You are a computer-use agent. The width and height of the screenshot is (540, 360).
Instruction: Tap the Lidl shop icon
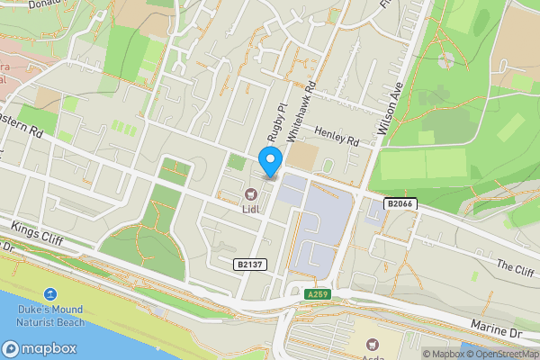pyautogui.click(x=252, y=193)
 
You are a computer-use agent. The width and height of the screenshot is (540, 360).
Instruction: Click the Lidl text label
pyautogui.click(x=252, y=209)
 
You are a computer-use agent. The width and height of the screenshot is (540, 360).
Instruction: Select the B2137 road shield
pyautogui.click(x=250, y=264)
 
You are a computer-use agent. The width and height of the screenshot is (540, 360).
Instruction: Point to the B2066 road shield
pyautogui.click(x=401, y=204)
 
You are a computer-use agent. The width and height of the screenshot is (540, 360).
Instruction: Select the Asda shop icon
pyautogui.click(x=372, y=343)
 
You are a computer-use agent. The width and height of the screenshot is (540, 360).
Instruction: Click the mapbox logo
pyautogui.click(x=39, y=349)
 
